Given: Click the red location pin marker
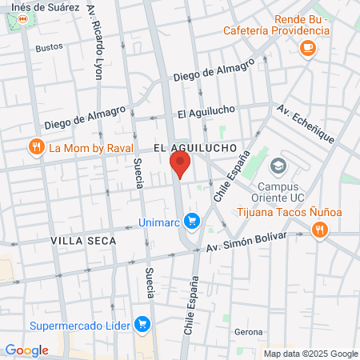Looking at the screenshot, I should point(180,165).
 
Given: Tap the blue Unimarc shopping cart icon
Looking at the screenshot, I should point(191,220).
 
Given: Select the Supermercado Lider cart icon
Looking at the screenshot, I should point(142,325).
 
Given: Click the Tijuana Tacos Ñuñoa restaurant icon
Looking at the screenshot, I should point(320,230).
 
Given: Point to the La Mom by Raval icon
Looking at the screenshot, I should point(36,147).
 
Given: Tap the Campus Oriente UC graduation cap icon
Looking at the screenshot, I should point(278,166).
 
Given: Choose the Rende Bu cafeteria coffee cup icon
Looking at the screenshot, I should point(307,48).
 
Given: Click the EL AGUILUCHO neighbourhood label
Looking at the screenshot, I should point(194,148).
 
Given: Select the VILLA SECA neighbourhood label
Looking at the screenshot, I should point(78,240).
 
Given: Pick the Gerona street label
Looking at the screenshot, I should point(248,331).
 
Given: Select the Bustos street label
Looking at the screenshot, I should point(49,47).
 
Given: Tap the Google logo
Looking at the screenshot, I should point(26,350).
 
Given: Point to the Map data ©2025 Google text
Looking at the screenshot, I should point(311,354).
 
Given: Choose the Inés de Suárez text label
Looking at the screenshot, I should point(51,6).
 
